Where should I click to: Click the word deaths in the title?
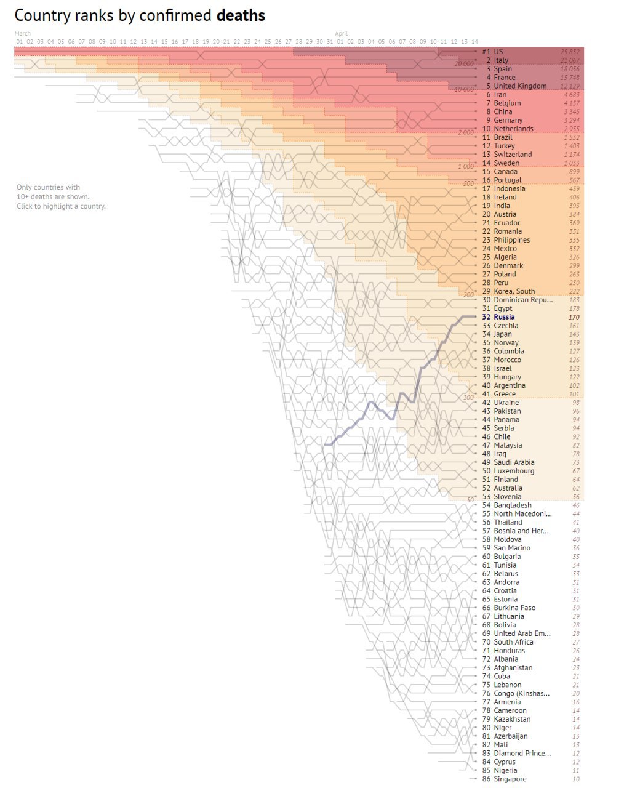pyautogui.click(x=241, y=15)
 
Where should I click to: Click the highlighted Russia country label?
pyautogui.click(x=504, y=317)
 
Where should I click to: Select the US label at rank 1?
pyautogui.click(x=498, y=52)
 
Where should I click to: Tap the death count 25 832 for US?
pyautogui.click(x=570, y=52)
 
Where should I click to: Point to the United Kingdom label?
pyautogui.click(x=520, y=86)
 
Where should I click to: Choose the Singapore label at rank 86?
pyautogui.click(x=510, y=779)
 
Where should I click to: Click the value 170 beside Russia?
pyautogui.click(x=574, y=317)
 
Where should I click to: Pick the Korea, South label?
pyautogui.click(x=514, y=291)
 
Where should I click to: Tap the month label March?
pyautogui.click(x=23, y=34)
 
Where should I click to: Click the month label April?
pyautogui.click(x=342, y=34)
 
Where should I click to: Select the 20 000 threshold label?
pyautogui.click(x=465, y=63)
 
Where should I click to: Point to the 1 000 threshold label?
pyautogui.click(x=466, y=166)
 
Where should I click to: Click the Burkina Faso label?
pyautogui.click(x=514, y=608)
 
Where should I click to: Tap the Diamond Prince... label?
pyautogui.click(x=522, y=753)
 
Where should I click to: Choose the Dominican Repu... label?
pyautogui.click(x=523, y=300)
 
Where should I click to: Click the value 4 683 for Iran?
pyautogui.click(x=571, y=95)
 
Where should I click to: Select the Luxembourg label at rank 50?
pyautogui.click(x=514, y=471)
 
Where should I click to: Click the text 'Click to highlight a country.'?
pyautogui.click(x=61, y=206)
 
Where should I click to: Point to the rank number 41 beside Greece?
pyautogui.click(x=486, y=394)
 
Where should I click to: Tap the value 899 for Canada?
pyautogui.click(x=574, y=172)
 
